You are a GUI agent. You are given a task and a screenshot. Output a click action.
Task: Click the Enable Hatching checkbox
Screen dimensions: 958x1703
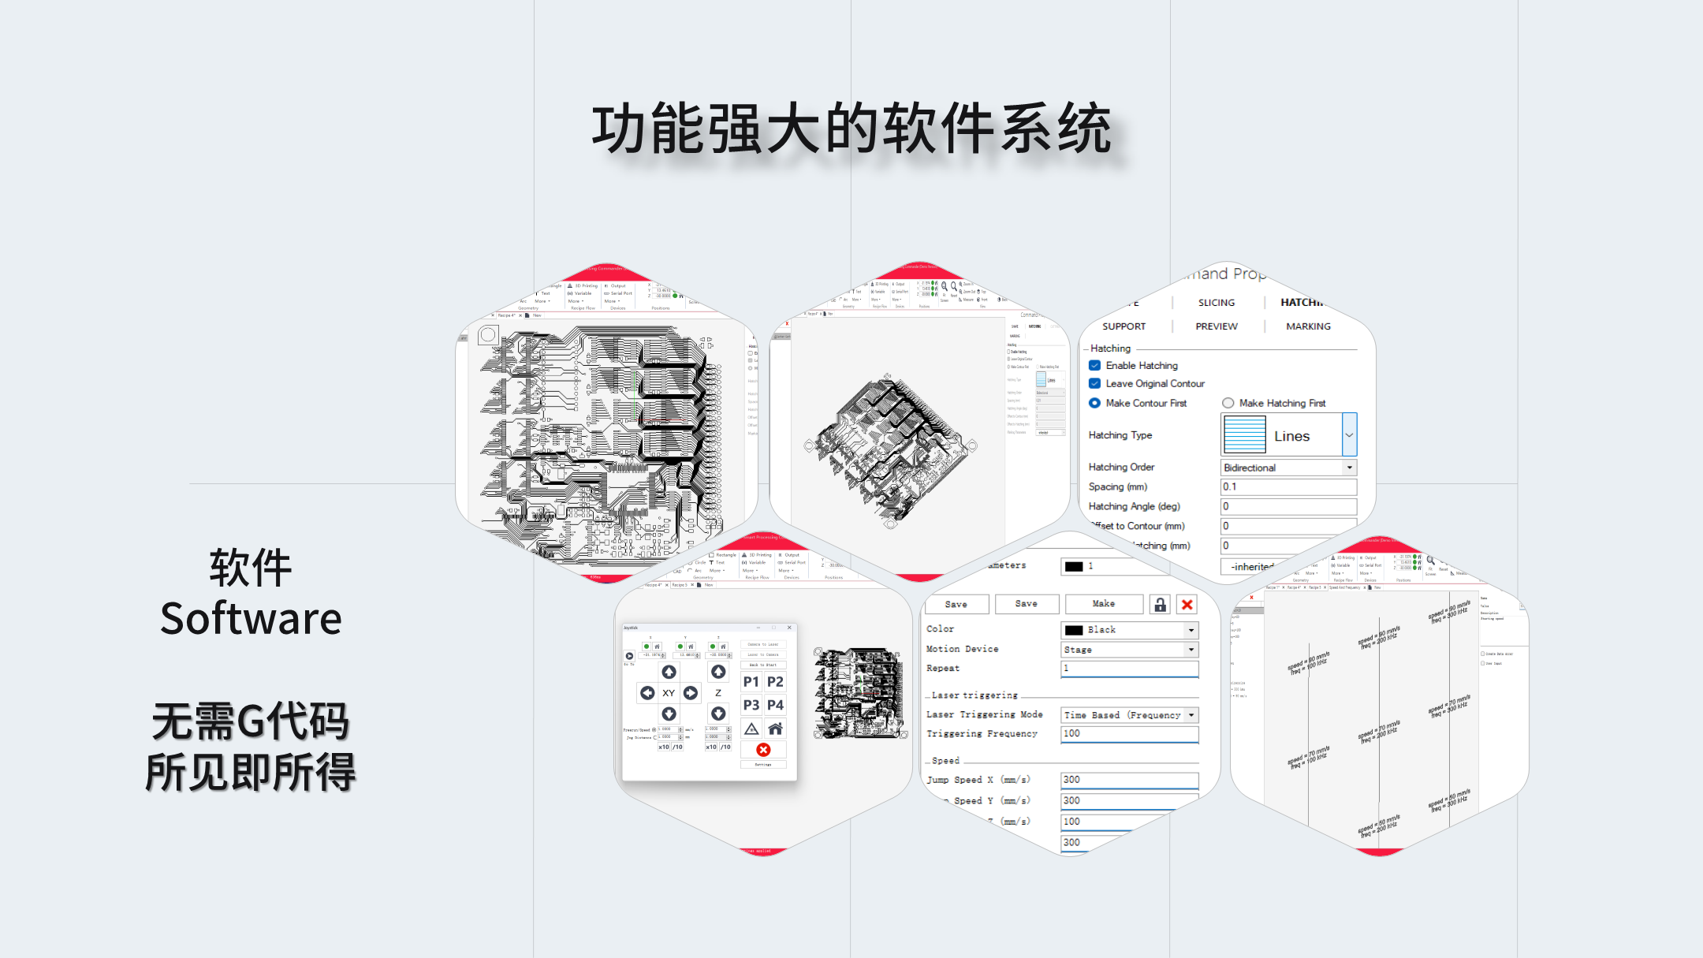1095,365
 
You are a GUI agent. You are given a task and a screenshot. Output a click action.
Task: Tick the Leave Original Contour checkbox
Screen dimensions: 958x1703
1095,383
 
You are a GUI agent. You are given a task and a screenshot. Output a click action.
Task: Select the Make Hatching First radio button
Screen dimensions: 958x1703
1228,403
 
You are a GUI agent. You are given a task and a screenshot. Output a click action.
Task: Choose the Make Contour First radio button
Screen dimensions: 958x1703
1095,403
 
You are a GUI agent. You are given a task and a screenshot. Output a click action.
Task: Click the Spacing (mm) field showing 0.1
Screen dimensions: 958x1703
1287,486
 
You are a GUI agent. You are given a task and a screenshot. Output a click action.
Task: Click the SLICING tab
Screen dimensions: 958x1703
1217,303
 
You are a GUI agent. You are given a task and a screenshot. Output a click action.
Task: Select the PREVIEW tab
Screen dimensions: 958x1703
1217,326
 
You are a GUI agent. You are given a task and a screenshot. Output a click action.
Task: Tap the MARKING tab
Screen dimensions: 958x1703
1308,326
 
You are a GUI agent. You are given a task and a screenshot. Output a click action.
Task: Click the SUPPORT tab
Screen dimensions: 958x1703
1124,326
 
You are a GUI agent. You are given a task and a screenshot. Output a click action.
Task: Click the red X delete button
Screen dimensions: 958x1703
1187,605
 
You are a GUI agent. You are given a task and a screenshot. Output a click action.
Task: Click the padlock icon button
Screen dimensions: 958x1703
1160,605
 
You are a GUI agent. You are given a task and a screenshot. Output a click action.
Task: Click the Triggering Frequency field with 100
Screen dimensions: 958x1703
1129,734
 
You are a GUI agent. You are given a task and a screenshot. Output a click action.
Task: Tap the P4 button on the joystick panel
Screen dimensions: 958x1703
776,705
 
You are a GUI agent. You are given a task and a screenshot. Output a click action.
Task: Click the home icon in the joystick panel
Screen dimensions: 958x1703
776,729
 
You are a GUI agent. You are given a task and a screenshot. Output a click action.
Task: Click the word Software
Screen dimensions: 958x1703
251,618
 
